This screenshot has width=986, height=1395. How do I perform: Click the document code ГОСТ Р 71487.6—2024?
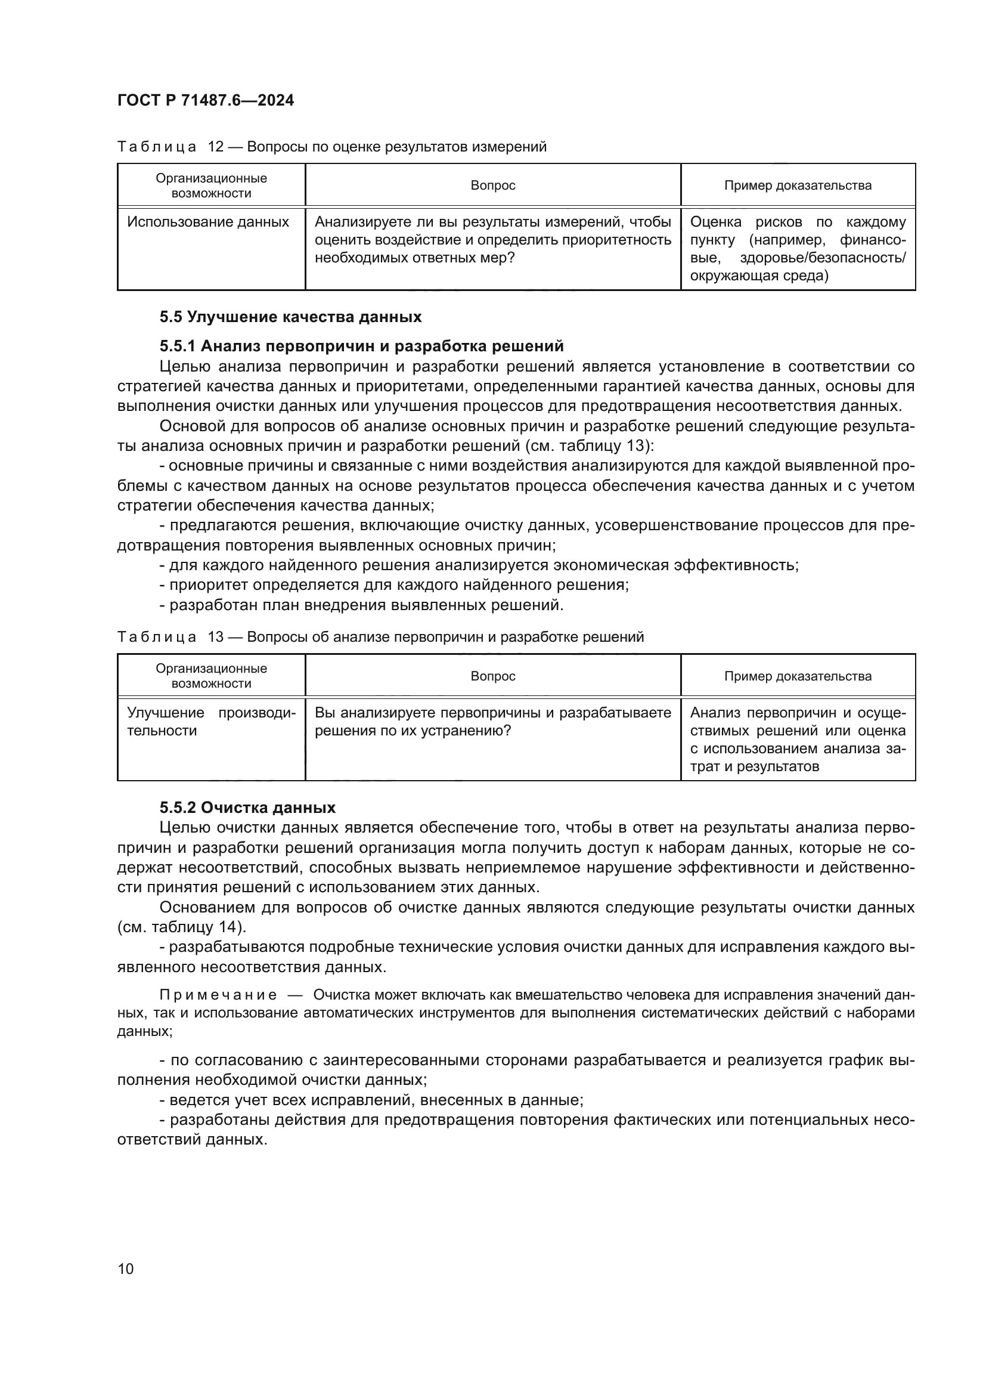click(x=205, y=100)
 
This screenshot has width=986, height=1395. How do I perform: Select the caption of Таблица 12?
click(x=331, y=147)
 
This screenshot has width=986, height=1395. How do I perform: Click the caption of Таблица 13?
click(x=380, y=637)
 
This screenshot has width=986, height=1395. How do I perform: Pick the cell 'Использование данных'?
click(x=207, y=222)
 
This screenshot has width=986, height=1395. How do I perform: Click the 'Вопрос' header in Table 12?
click(x=492, y=185)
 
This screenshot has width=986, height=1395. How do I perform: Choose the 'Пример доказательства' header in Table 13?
click(x=797, y=676)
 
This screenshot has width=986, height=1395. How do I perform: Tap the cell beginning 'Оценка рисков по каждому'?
click(x=797, y=249)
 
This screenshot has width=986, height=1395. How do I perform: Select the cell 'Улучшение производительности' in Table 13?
click(x=210, y=721)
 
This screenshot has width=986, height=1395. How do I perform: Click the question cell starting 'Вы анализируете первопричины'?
click(x=492, y=721)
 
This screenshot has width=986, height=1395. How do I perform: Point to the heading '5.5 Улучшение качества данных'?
click(x=290, y=317)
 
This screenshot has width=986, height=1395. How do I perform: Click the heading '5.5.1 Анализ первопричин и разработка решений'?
click(x=361, y=346)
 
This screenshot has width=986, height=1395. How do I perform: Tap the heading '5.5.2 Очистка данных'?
click(x=247, y=808)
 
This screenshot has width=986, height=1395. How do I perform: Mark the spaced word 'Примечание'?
click(x=218, y=995)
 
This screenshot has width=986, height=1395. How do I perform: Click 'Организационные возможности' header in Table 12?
click(x=210, y=185)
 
